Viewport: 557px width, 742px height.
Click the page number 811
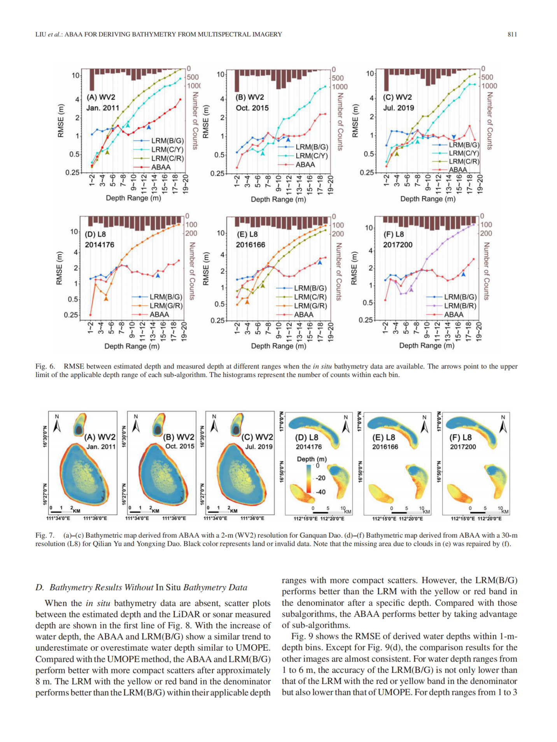point(512,34)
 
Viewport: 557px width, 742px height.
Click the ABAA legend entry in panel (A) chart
point(161,167)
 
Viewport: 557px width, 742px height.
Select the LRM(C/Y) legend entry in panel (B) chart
point(311,155)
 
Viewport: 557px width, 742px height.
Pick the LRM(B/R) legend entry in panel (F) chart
point(460,306)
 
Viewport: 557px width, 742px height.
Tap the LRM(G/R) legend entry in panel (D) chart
point(166,306)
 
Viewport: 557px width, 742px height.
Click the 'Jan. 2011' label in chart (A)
point(103,108)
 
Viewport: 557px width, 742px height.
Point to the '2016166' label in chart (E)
point(250,245)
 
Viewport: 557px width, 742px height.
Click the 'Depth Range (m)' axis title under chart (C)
point(427,199)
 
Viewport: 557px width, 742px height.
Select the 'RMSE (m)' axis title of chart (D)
point(60,268)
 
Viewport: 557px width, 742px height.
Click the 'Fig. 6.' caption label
point(45,366)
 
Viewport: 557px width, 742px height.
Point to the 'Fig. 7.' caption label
point(45,535)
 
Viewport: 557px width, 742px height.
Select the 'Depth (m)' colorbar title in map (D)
point(312,459)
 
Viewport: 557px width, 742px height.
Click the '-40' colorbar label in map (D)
point(321,492)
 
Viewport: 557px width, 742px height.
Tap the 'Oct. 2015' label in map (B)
point(180,446)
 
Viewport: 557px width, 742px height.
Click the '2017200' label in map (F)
point(463,447)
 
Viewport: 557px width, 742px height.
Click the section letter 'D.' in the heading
point(40,587)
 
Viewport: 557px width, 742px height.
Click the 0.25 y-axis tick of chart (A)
point(72,172)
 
